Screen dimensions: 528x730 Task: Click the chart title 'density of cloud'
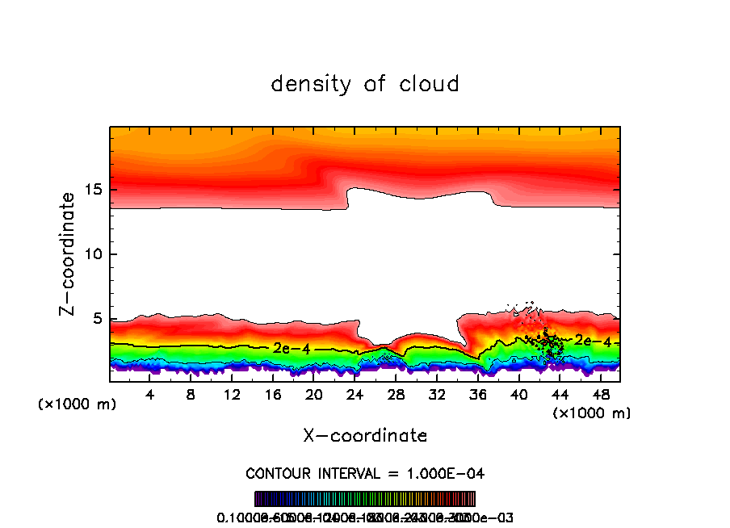pyautogui.click(x=365, y=84)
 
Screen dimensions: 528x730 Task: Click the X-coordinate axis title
pyautogui.click(x=365, y=436)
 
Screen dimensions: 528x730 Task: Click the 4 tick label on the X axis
pyautogui.click(x=150, y=395)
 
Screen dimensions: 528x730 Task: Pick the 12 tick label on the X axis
pyautogui.click(x=232, y=395)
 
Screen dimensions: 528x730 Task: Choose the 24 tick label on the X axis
pyautogui.click(x=355, y=395)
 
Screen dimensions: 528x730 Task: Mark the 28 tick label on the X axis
pyautogui.click(x=396, y=395)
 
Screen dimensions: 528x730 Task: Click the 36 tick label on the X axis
pyautogui.click(x=477, y=395)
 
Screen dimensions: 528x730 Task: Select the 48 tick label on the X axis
pyautogui.click(x=600, y=395)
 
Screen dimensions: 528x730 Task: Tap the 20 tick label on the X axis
pyautogui.click(x=313, y=395)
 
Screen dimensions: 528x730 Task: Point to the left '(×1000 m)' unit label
pyautogui.click(x=78, y=404)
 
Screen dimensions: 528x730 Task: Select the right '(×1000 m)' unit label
pyautogui.click(x=592, y=413)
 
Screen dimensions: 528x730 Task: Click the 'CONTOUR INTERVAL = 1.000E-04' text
pyautogui.click(x=365, y=473)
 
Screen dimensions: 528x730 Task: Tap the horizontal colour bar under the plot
pyautogui.click(x=365, y=499)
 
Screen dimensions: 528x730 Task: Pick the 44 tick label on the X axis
pyautogui.click(x=559, y=395)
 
